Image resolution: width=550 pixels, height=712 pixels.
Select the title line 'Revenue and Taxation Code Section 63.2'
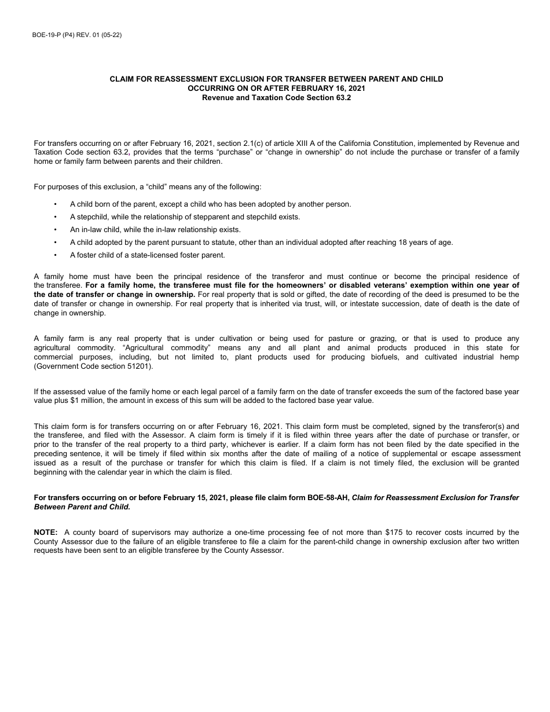[x=276, y=98]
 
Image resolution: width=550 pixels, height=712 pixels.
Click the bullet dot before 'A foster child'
[x=56, y=255]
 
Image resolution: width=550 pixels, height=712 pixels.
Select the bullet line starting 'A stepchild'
[x=185, y=217]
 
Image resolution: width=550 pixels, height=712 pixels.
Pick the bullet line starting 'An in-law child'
[x=155, y=230]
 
